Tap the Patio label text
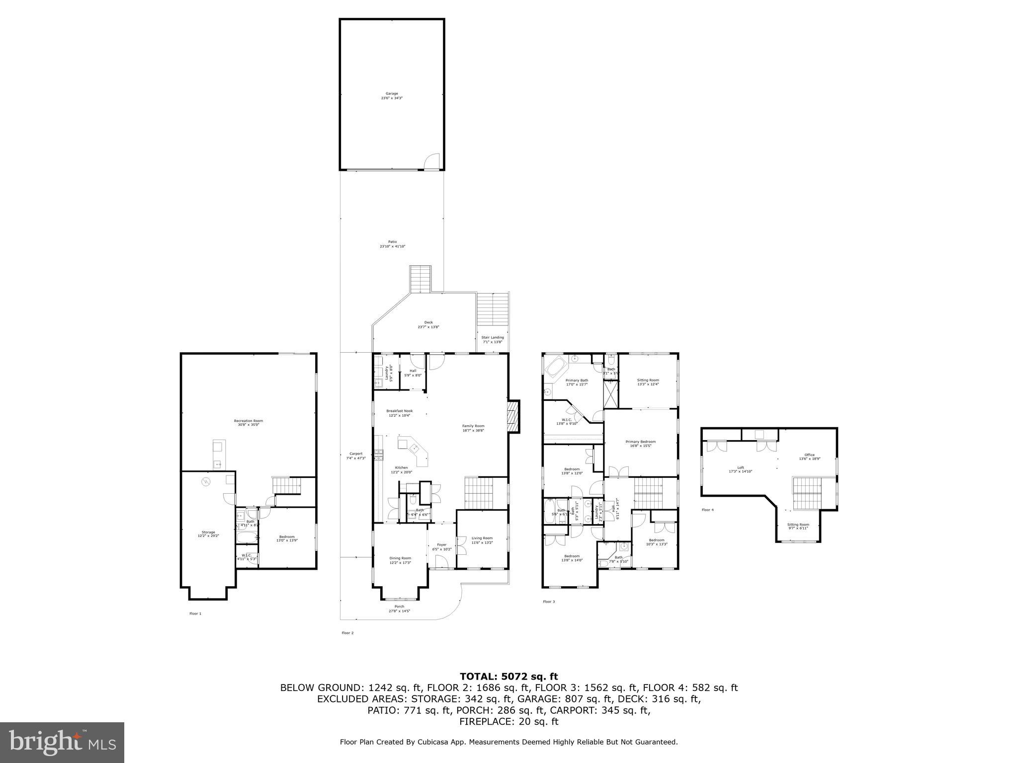pos(393,244)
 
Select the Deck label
pos(428,324)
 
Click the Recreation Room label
pos(249,423)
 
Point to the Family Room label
pos(473,428)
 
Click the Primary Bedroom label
pos(640,444)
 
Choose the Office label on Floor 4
pos(809,457)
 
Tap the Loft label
pos(740,469)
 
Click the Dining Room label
pos(400,560)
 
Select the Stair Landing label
pos(492,339)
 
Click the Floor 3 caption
pos(548,602)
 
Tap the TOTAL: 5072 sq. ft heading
pos(509,676)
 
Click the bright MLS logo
pos(62,742)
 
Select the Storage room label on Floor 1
pos(208,534)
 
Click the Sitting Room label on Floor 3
pos(648,381)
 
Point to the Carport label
pos(356,456)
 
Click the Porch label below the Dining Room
pos(399,609)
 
